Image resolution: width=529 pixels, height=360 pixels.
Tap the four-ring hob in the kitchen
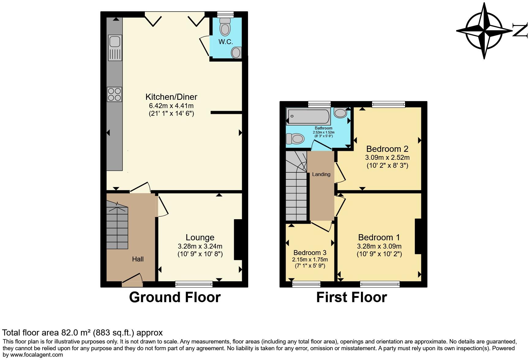coord(114,94)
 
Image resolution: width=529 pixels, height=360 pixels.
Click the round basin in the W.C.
coord(236,53)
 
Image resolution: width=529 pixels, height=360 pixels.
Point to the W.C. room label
coord(226,42)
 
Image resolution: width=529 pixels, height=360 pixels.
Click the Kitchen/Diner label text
coord(171,97)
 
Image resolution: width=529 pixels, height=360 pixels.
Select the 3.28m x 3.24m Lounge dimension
coord(200,246)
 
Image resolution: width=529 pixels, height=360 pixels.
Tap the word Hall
coord(138,259)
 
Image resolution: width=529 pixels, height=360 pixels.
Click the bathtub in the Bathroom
coord(308,116)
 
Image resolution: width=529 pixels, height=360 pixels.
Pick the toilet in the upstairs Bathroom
coord(295,139)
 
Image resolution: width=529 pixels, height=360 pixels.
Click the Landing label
coord(321,174)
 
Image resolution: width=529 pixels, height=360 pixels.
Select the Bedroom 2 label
coord(387,149)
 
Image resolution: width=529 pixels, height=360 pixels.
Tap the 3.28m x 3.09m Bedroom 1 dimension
coord(379,246)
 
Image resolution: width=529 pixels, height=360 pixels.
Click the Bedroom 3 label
coord(310,253)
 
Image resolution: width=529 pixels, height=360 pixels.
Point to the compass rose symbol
coord(484,31)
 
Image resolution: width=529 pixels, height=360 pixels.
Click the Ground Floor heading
coord(174,297)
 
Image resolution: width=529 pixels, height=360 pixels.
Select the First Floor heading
coord(351,297)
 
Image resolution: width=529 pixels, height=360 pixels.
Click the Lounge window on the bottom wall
coord(194,284)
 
